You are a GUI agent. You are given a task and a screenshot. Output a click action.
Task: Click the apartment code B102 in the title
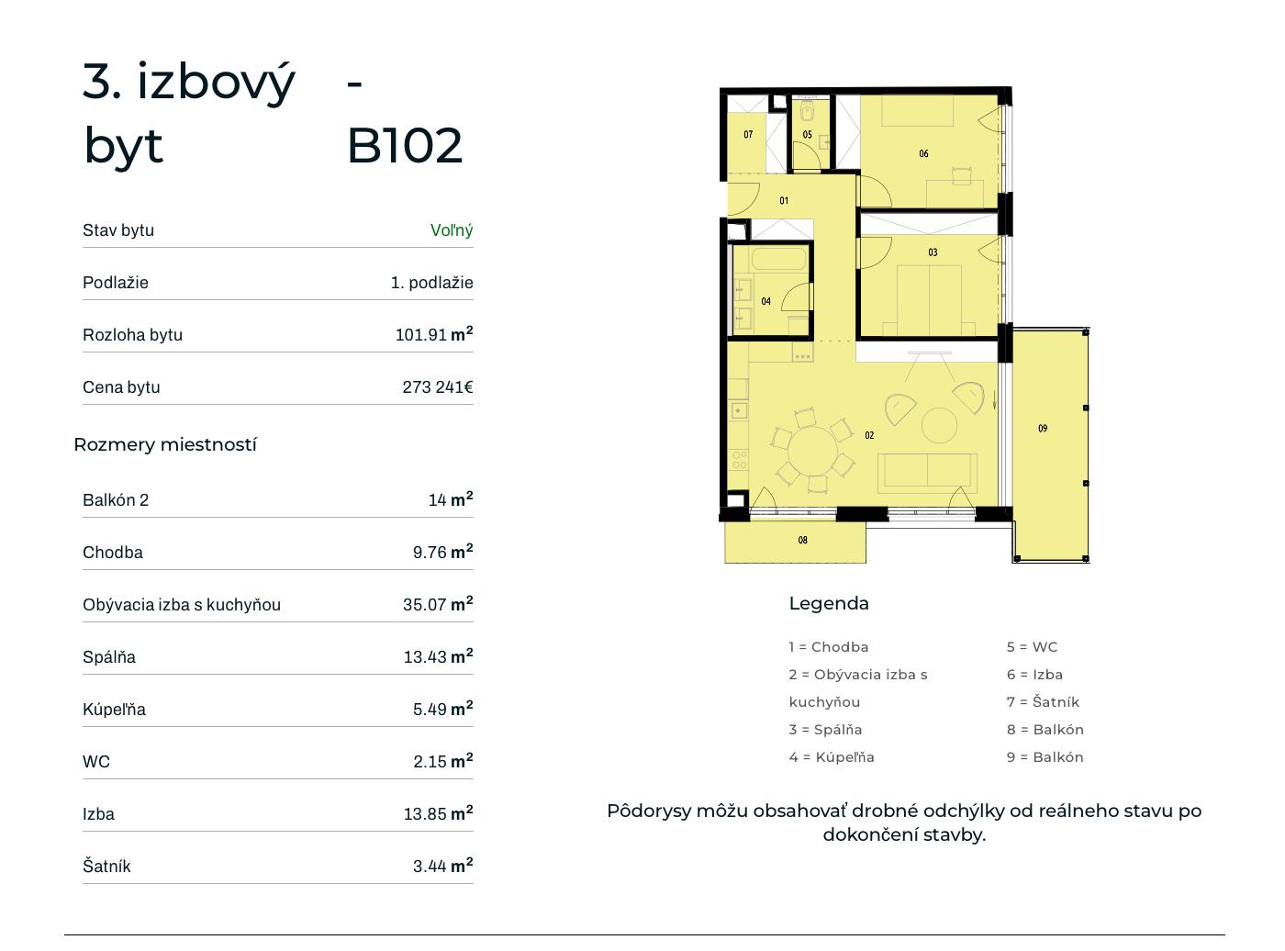point(405,145)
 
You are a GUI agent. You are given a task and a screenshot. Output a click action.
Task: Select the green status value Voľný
point(452,230)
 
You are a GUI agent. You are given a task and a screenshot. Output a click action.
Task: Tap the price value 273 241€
point(438,386)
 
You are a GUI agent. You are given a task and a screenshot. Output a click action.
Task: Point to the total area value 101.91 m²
point(434,334)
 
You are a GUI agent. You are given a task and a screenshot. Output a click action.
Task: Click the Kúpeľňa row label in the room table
point(114,709)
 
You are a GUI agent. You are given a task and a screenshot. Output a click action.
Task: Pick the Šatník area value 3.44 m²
point(442,866)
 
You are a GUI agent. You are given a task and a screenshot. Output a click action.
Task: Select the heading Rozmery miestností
point(165,444)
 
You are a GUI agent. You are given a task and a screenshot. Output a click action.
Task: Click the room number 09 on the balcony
point(1043,429)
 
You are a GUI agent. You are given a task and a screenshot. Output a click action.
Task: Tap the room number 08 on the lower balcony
point(802,540)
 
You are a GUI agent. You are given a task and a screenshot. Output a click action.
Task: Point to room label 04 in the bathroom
point(765,301)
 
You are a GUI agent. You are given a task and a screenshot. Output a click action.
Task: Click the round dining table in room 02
point(813,451)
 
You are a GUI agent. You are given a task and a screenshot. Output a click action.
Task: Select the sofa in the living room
point(927,473)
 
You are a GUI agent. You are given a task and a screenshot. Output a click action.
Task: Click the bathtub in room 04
point(778,259)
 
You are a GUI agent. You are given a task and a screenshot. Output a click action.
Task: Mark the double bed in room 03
point(929,299)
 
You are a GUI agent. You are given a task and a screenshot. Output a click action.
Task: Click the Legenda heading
point(829,603)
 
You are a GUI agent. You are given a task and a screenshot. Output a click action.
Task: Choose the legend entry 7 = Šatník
point(1043,702)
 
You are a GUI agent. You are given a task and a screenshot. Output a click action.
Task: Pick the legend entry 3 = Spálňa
point(825,730)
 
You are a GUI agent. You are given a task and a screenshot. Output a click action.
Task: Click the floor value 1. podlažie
point(431,282)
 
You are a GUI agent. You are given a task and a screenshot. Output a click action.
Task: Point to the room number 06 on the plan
point(923,153)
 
